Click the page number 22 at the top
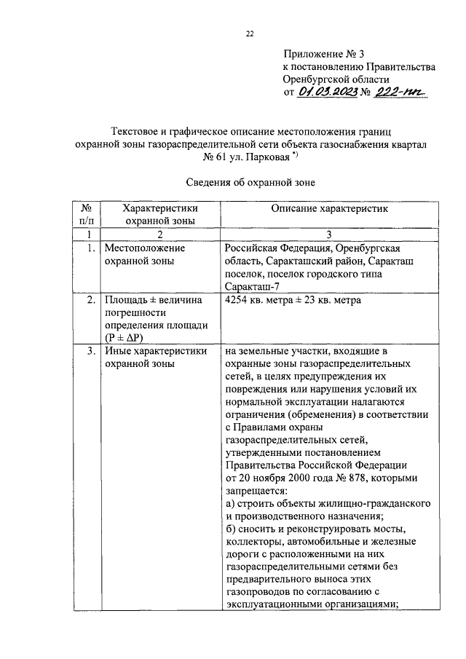pos(250,33)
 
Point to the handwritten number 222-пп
pos(400,92)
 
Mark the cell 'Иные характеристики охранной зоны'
pos(154,357)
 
